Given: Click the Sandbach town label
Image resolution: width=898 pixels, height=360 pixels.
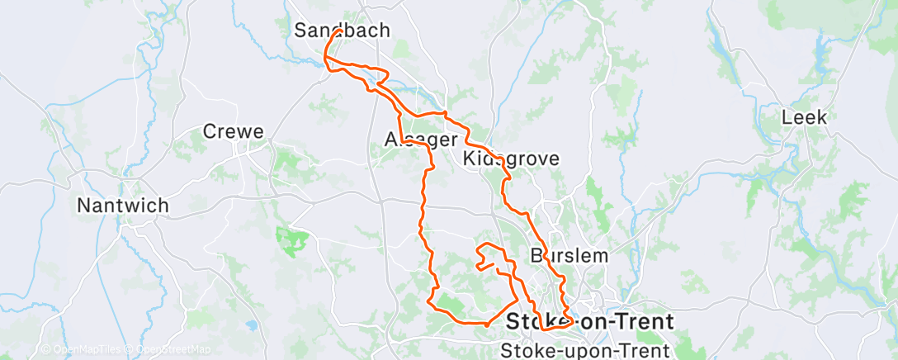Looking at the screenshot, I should tap(342, 31).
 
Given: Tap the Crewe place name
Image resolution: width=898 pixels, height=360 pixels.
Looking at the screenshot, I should tap(233, 131).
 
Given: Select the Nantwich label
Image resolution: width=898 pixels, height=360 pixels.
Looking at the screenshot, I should tap(122, 205).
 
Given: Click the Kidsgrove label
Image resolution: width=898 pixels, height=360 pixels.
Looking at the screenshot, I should tap(511, 158).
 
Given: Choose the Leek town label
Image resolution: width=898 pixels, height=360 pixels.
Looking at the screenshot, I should tap(804, 117).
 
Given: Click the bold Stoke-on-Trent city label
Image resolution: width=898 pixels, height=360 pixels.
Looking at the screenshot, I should tap(589, 320).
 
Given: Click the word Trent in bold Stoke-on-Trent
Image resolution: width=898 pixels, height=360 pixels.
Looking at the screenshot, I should tap(645, 320).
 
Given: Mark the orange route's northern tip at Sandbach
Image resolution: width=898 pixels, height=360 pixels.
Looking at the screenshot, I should tap(339, 31).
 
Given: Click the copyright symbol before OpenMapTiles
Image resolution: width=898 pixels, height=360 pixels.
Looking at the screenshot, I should tap(46, 350).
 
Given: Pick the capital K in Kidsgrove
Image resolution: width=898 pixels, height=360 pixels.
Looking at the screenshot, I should tap(470, 158).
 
